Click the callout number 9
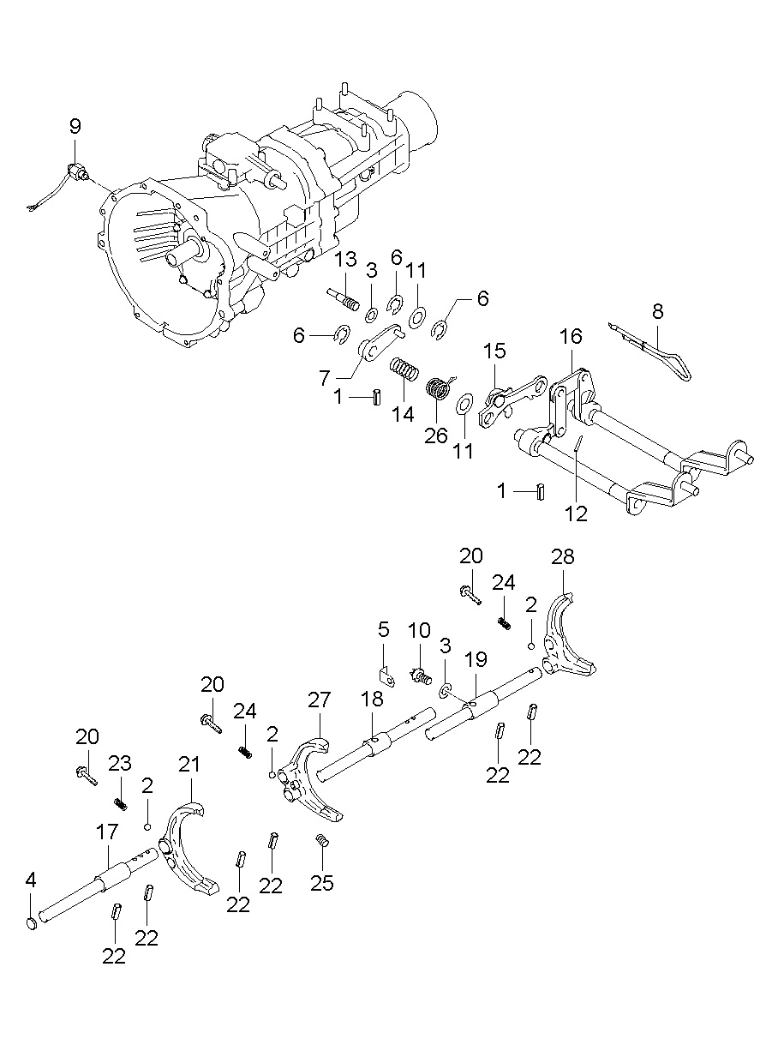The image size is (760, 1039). (75, 127)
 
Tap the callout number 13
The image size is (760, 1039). (344, 260)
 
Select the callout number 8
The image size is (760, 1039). (657, 311)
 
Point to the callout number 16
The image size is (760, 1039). (571, 335)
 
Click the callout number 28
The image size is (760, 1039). (563, 557)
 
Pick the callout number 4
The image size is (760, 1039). (32, 880)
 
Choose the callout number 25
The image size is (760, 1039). (322, 882)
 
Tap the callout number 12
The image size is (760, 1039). (577, 513)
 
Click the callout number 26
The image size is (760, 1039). (436, 435)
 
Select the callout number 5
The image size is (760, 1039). (383, 630)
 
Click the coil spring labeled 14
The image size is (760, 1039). (405, 372)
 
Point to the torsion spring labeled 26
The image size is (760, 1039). (439, 388)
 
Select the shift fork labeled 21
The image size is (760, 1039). (189, 849)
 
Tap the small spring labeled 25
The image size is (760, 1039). (323, 841)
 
